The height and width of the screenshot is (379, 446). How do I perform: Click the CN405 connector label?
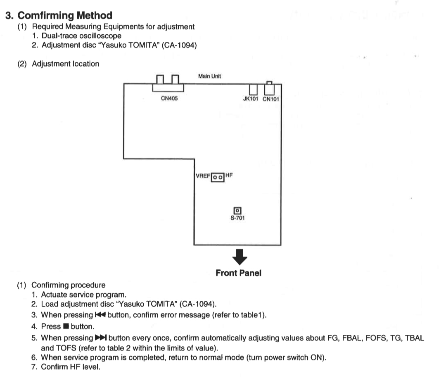pyautogui.click(x=169, y=98)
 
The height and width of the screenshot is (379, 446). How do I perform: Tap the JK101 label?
pyautogui.click(x=251, y=99)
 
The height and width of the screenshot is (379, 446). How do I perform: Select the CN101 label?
pyautogui.click(x=271, y=99)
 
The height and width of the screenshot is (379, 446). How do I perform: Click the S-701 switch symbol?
pyautogui.click(x=237, y=211)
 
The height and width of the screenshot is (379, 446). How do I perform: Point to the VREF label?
pyautogui.click(x=203, y=176)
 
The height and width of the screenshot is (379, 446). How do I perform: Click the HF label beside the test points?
pyautogui.click(x=229, y=175)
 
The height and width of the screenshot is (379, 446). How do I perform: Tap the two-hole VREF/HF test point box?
pyautogui.click(x=218, y=177)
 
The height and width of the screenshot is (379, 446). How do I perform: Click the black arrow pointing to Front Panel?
pyautogui.click(x=240, y=257)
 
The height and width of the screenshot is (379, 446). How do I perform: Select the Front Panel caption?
pyautogui.click(x=238, y=273)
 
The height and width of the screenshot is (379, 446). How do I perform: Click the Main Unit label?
pyautogui.click(x=210, y=76)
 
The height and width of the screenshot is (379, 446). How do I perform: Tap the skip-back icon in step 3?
pyautogui.click(x=100, y=315)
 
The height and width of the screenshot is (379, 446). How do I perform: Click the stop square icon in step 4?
pyautogui.click(x=66, y=326)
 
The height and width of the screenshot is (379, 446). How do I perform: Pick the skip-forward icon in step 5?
pyautogui.click(x=101, y=338)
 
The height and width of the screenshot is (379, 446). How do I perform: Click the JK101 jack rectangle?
pyautogui.click(x=253, y=89)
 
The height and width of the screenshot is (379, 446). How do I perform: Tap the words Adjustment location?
pyautogui.click(x=65, y=64)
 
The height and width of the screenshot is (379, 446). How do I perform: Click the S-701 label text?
pyautogui.click(x=237, y=218)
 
